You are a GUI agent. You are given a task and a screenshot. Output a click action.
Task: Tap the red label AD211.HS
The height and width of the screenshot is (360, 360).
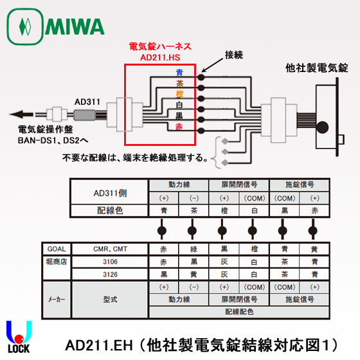click(160, 57)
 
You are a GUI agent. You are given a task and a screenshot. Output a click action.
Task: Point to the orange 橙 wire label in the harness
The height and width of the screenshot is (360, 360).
click(179, 94)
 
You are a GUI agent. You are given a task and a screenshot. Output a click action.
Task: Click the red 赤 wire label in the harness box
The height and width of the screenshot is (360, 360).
click(179, 127)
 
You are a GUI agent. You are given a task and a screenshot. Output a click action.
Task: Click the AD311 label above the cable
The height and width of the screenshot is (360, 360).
click(87, 101)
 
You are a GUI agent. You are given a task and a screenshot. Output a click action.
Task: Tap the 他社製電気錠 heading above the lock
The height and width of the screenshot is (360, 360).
click(317, 68)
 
